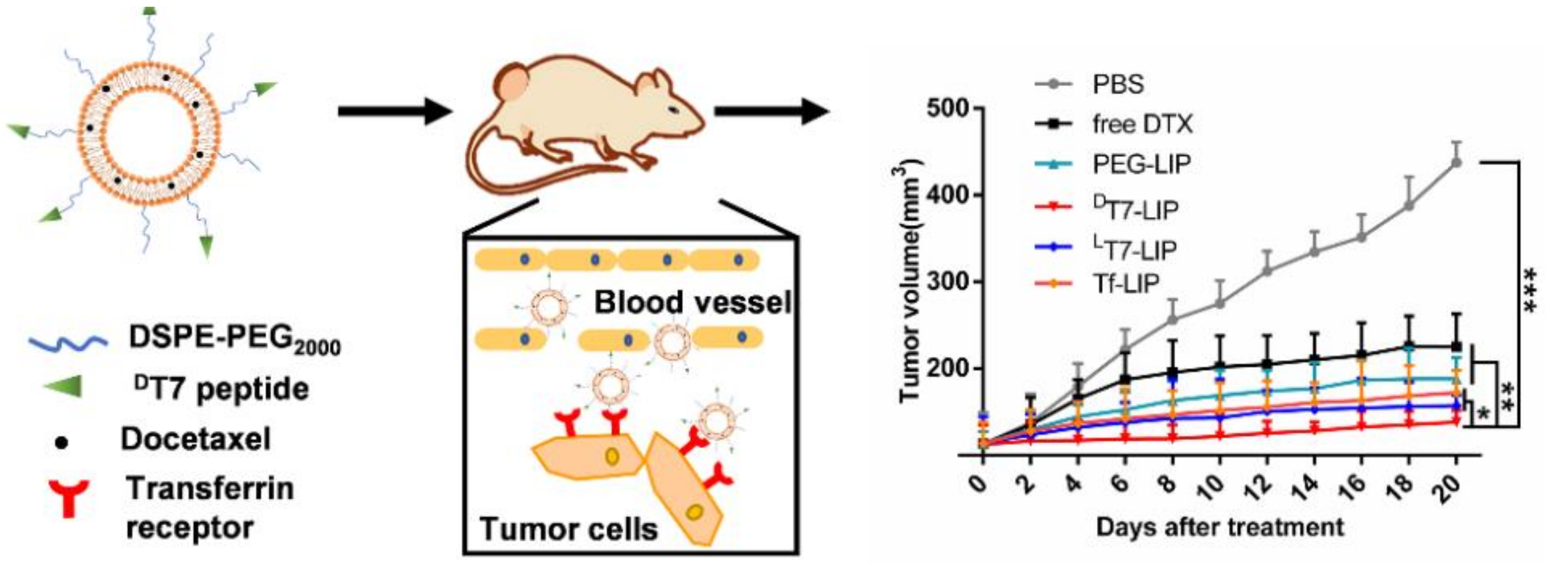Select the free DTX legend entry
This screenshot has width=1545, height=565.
(1141, 124)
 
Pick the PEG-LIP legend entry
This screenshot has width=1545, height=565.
(1140, 164)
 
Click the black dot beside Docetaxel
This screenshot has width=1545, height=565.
(61, 443)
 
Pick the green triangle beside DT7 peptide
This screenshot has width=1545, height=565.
(65, 387)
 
